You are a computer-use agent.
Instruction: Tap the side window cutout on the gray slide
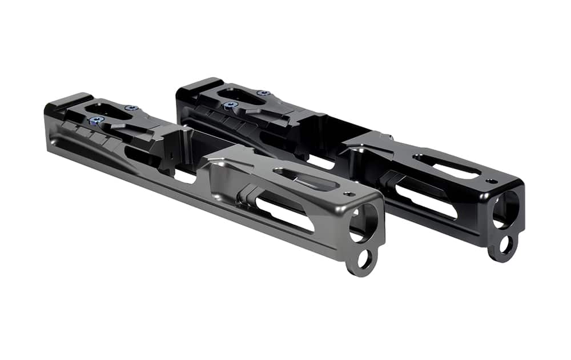pyautogui.click(x=285, y=214)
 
